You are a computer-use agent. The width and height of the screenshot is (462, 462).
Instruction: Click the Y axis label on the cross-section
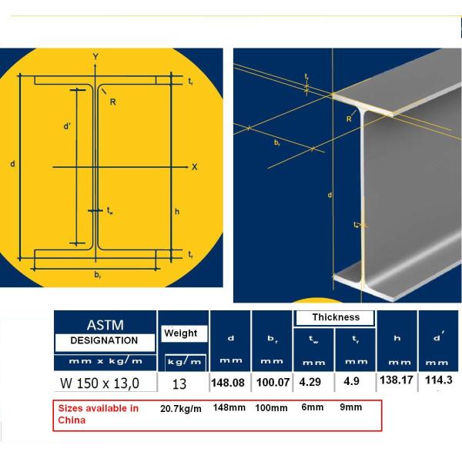(95, 57)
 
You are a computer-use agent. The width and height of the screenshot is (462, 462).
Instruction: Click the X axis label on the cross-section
(194, 166)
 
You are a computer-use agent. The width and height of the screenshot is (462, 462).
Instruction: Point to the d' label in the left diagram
(67, 127)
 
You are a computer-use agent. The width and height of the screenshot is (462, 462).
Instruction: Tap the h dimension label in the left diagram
(176, 213)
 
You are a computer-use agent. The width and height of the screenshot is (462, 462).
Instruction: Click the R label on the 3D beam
(348, 119)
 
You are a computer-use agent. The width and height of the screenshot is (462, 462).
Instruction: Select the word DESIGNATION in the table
(104, 340)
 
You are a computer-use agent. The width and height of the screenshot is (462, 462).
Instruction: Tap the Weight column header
(179, 333)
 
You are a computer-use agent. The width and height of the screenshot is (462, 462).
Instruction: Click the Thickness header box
(336, 317)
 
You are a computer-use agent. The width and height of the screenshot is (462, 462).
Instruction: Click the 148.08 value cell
(230, 383)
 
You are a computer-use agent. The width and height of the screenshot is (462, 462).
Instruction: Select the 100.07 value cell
(273, 383)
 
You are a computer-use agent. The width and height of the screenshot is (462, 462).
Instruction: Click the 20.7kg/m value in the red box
(179, 408)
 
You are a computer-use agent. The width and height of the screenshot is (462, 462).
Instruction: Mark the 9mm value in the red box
(351, 407)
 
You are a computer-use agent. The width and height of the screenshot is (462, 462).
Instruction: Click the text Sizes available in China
(99, 414)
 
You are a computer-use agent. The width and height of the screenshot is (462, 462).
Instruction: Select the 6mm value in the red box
(311, 407)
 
